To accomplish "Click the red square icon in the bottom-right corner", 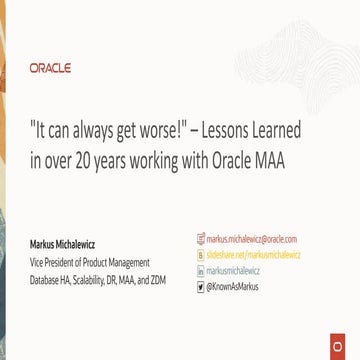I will tap(350, 349).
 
